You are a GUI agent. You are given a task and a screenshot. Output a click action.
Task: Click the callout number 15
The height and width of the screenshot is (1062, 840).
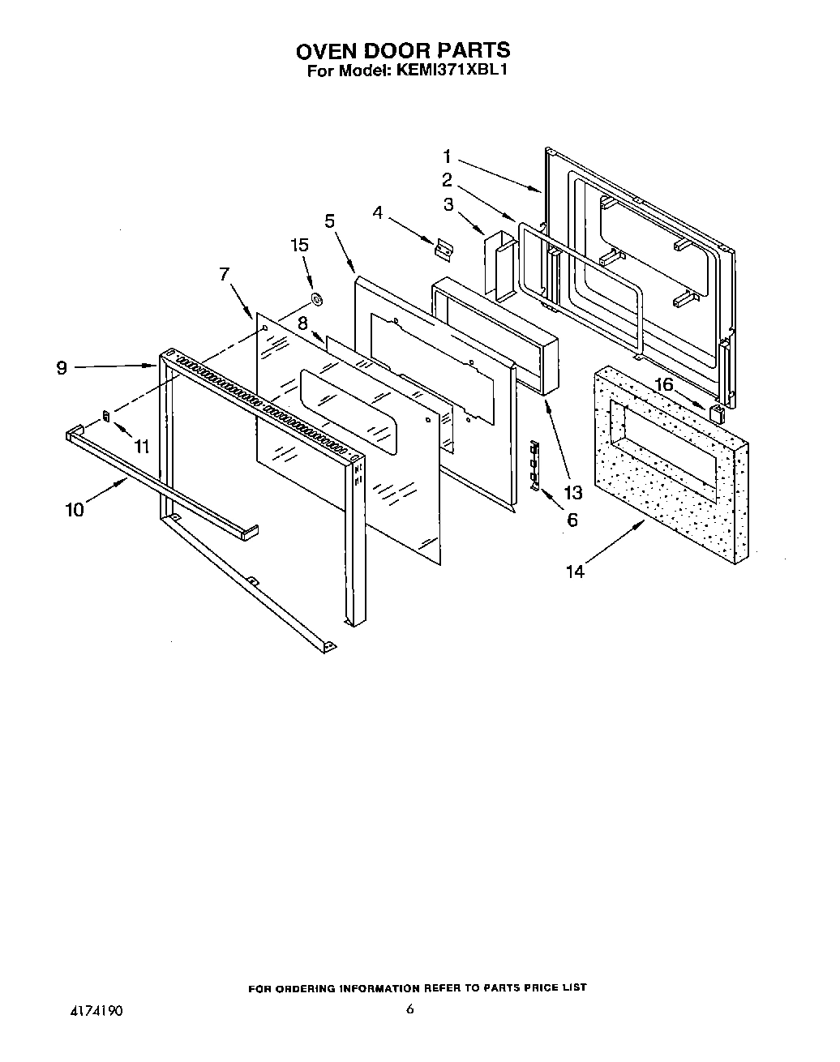[x=300, y=244]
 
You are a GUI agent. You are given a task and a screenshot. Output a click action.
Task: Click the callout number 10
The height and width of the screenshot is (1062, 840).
[x=75, y=510]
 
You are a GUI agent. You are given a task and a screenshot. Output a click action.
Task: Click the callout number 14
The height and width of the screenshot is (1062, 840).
[x=574, y=572]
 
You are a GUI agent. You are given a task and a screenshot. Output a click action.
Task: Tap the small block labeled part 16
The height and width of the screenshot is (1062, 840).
[x=716, y=413]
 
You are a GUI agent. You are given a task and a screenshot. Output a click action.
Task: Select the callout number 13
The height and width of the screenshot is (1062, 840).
[x=572, y=491]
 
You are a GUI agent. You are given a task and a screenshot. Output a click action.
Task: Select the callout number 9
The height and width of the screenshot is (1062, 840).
[x=62, y=367]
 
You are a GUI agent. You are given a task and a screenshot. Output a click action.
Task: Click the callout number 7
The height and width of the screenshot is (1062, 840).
[x=224, y=274]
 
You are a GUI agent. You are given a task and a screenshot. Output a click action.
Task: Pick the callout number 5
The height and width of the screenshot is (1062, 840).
[x=329, y=220]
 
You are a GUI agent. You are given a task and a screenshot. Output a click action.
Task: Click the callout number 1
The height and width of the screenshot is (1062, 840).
[x=447, y=156]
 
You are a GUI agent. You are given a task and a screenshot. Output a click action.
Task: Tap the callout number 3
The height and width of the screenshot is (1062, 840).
[x=448, y=204]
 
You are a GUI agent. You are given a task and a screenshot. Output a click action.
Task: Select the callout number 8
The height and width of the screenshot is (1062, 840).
[x=302, y=323]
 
